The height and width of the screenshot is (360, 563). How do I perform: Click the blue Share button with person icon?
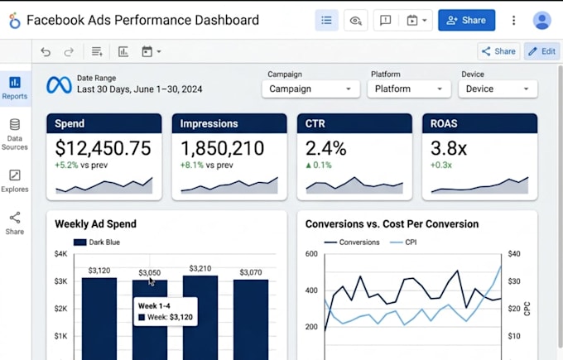466,20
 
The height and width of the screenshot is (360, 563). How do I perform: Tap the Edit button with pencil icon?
541,51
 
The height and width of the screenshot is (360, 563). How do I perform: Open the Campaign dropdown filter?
311,89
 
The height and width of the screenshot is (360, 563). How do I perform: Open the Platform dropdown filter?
409,89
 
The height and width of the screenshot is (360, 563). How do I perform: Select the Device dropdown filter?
498,89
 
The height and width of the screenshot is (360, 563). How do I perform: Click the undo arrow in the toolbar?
46,51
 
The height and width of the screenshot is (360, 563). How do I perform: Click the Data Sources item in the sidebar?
15,134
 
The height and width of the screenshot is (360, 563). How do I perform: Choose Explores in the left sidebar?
15,181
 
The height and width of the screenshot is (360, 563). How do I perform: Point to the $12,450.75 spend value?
103,148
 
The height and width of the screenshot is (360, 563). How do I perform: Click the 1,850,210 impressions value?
222,148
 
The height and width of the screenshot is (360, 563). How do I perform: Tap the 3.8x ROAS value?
449,148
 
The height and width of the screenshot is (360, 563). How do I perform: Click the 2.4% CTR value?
325,148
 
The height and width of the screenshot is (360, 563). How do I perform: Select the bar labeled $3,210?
200,318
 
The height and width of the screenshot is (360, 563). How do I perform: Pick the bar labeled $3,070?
251,319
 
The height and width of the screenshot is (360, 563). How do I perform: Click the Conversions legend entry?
352,242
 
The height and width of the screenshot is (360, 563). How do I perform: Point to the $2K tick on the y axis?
60,309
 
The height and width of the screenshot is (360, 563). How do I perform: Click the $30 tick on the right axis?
514,281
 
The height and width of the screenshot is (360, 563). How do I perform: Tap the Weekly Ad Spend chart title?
95,224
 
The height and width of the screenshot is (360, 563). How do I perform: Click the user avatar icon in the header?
542,20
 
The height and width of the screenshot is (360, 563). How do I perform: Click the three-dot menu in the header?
514,20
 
